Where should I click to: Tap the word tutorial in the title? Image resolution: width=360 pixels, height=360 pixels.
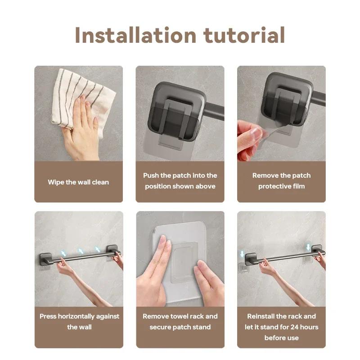point(247,35)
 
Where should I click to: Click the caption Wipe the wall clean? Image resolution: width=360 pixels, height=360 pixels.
point(78,182)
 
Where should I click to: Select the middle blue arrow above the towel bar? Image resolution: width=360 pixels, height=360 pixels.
point(81,251)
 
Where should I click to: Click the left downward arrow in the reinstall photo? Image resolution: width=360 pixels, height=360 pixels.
point(242,254)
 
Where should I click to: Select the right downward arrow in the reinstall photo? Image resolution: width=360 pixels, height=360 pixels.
point(308,247)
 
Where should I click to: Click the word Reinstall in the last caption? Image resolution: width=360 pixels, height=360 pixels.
point(263,316)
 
